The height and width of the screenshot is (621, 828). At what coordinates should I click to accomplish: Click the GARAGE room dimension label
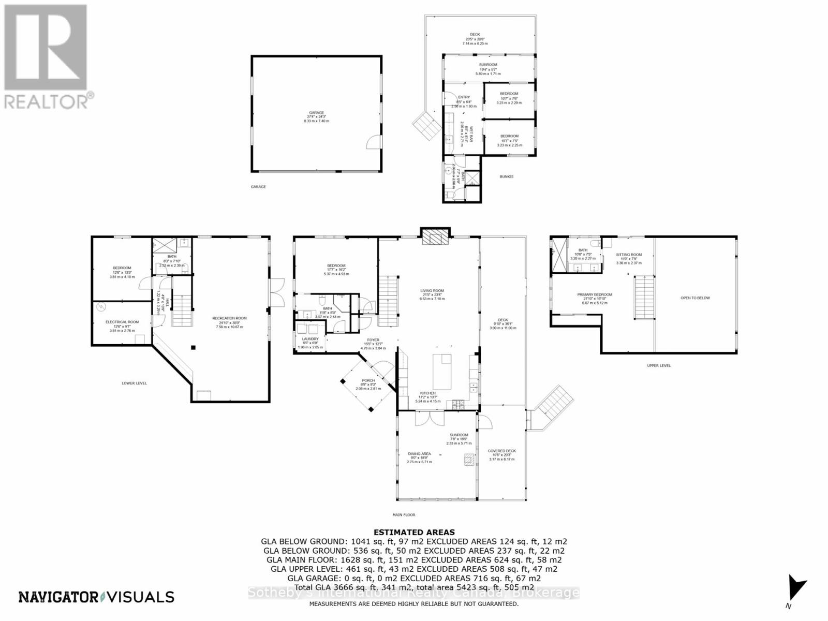coord(316,117)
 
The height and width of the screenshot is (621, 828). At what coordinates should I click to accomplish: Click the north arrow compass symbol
coord(795,589)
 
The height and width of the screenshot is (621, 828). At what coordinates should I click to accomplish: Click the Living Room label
coord(432,294)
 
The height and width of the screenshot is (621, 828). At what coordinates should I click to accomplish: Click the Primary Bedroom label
coord(595,298)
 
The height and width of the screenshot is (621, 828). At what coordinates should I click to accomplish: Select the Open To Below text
coord(695,298)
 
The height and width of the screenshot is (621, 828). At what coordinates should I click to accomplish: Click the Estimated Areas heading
coord(414,532)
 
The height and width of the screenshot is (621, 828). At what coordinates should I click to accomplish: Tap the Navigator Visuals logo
coord(96,597)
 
